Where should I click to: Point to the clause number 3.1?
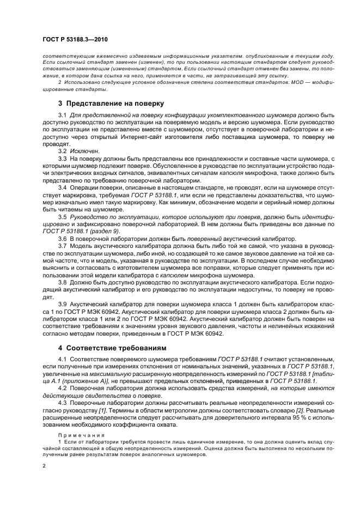62,116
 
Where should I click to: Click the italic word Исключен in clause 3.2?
82,150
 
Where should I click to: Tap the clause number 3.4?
62,186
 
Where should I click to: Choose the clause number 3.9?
62,303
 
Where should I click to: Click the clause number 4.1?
62,360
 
